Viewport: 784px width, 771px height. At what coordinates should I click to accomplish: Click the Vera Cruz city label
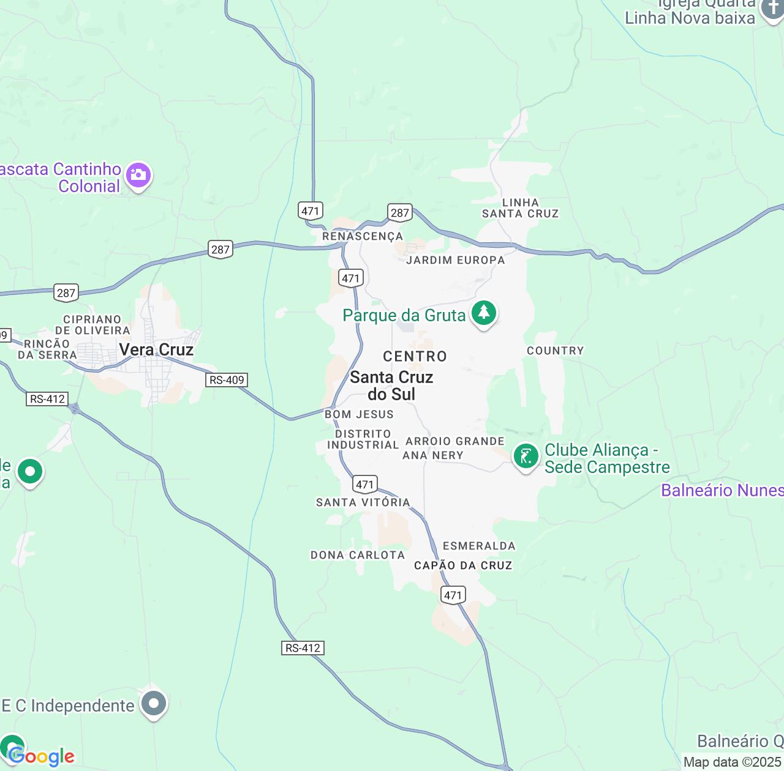pyautogui.click(x=156, y=349)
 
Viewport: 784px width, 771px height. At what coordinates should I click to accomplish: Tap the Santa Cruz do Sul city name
pyautogui.click(x=391, y=386)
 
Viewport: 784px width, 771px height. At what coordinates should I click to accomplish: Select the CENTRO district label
pyautogui.click(x=415, y=356)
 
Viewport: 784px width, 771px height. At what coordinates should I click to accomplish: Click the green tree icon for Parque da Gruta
pyautogui.click(x=484, y=313)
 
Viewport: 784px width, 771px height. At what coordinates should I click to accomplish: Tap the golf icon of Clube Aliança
pyautogui.click(x=526, y=456)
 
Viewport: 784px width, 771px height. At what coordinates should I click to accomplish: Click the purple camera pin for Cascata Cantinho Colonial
pyautogui.click(x=138, y=176)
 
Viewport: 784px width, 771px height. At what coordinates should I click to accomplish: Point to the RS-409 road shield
pyautogui.click(x=227, y=380)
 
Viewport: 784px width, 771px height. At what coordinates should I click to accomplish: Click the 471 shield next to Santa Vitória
pyautogui.click(x=365, y=485)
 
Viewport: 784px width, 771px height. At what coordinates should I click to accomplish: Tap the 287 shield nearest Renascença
pyautogui.click(x=399, y=213)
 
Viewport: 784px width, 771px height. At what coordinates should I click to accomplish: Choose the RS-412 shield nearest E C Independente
pyautogui.click(x=303, y=648)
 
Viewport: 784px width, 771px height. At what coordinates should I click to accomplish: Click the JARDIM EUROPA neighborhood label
pyautogui.click(x=455, y=260)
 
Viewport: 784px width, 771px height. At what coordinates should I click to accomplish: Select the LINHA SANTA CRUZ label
pyautogui.click(x=520, y=208)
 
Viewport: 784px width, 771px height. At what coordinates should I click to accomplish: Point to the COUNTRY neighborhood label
pyautogui.click(x=555, y=351)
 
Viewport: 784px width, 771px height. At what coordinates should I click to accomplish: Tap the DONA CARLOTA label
pyautogui.click(x=358, y=555)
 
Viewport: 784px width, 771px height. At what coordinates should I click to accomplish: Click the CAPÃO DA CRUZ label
pyautogui.click(x=463, y=565)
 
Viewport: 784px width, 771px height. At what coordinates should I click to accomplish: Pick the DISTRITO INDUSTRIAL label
pyautogui.click(x=363, y=439)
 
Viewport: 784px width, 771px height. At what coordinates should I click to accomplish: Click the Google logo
pyautogui.click(x=42, y=757)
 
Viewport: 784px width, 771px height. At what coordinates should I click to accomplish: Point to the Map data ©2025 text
pyautogui.click(x=733, y=762)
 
